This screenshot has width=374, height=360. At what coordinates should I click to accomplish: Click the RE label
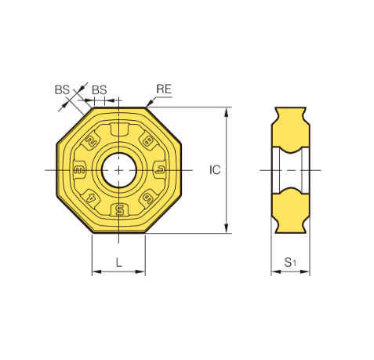[x=164, y=89]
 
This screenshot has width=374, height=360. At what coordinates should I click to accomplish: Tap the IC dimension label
[x=215, y=170]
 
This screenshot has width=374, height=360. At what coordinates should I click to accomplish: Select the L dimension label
[x=119, y=262]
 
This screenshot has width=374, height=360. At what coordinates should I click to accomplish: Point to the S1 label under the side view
[x=290, y=262]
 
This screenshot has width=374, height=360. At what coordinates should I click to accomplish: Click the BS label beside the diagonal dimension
[x=62, y=89]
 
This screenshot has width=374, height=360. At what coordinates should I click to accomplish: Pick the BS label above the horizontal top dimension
[x=100, y=90]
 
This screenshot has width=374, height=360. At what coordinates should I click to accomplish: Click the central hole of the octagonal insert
[x=119, y=170]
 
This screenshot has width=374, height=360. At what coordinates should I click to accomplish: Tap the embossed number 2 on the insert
[x=91, y=141]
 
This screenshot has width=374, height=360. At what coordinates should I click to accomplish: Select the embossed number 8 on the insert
[x=147, y=142]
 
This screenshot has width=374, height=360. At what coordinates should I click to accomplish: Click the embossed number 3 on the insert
[x=79, y=170]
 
